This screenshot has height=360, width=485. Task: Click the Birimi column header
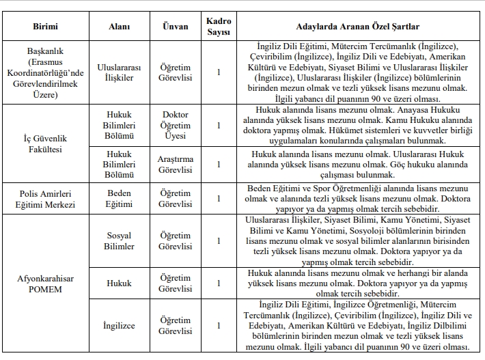45,26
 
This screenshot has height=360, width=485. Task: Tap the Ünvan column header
176,26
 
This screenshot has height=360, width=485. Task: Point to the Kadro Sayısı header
219,26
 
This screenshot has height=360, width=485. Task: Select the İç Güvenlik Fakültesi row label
45,143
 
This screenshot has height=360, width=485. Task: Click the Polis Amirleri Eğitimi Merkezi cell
45,199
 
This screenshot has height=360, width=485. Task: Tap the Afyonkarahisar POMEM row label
45,283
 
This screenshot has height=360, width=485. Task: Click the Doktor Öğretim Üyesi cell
176,125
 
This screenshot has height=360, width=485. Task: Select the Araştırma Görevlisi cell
176,164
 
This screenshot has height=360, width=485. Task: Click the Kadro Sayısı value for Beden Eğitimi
219,199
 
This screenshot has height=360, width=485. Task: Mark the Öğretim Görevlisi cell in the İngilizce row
176,326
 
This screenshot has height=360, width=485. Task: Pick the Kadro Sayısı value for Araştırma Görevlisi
219,164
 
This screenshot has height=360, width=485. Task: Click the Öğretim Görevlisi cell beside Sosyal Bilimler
176,241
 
